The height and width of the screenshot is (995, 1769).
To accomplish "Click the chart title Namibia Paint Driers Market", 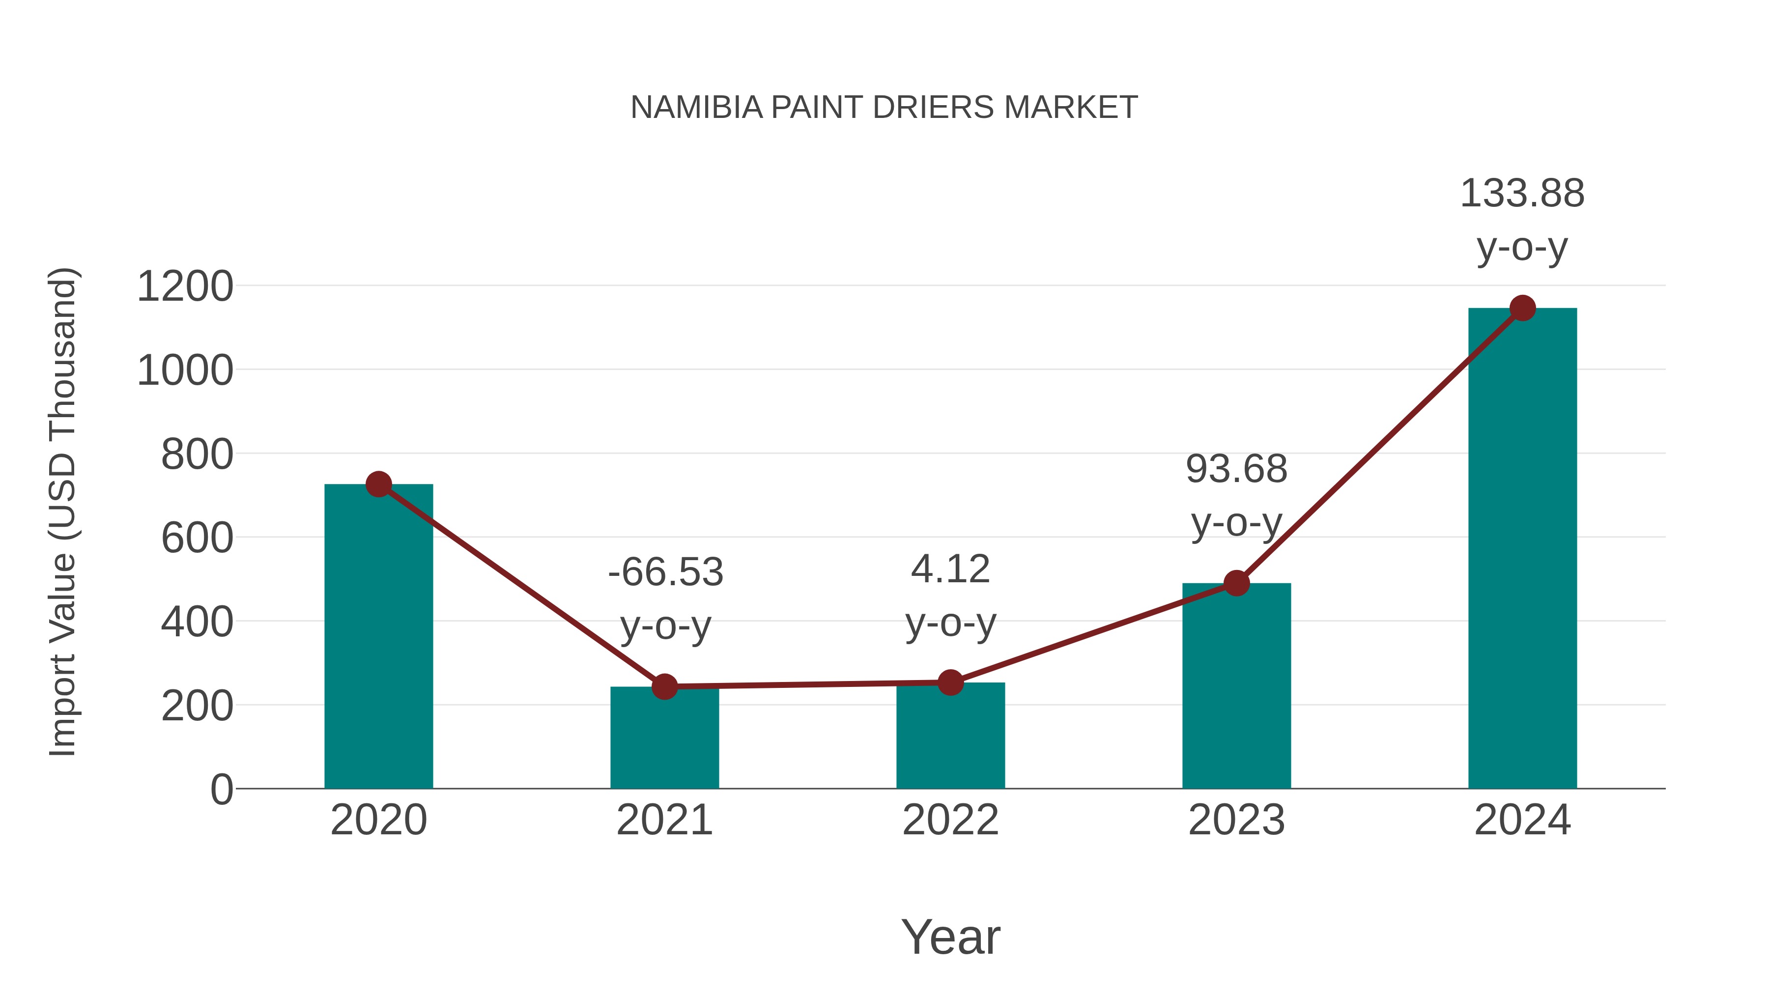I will pos(884,108).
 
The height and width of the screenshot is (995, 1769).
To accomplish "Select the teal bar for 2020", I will pos(378,639).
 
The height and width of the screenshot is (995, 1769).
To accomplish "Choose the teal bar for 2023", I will pos(1236,687).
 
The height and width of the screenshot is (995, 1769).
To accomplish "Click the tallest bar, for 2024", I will pos(1522,549).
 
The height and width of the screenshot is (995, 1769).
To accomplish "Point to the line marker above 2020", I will pos(378,484).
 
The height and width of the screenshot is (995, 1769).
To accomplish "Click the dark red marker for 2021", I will pos(664,686).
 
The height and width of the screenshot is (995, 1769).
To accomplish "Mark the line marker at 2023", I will pos(1236,583).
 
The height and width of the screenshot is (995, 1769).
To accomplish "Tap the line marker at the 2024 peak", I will pos(1522,308).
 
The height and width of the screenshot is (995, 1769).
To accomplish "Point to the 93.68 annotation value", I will pos(1236,470).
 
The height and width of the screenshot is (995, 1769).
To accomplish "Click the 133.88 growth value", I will pos(1522,194).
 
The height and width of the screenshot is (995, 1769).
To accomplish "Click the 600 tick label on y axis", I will pos(197,539).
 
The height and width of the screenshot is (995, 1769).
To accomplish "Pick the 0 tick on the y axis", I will pos(221,790).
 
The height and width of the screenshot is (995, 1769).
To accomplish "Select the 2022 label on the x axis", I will pos(950,820).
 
